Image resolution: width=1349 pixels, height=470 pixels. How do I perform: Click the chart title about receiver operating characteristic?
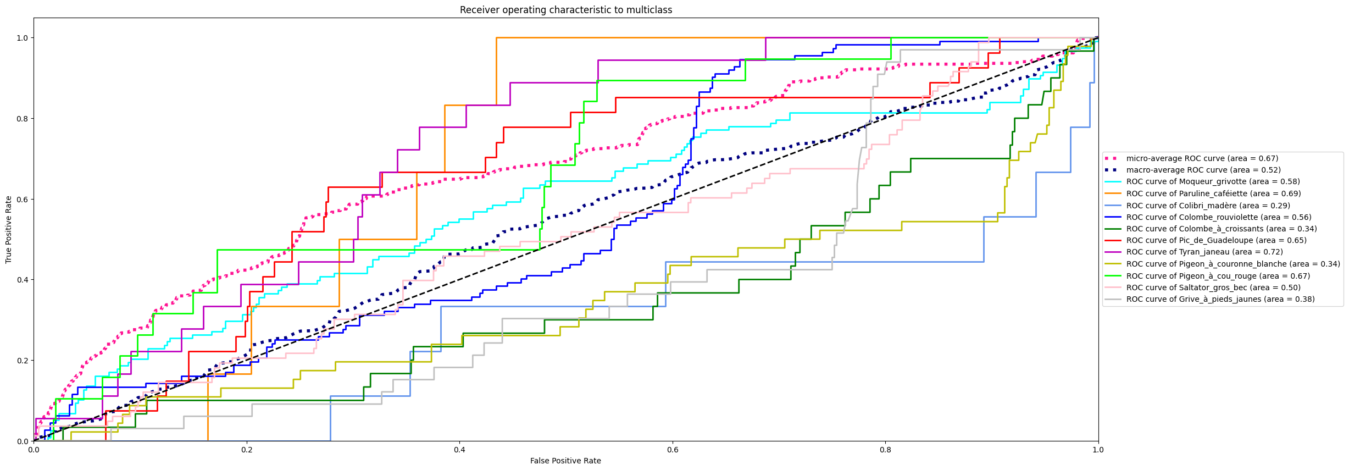tap(565, 10)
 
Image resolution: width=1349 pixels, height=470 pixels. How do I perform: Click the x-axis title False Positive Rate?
tap(565, 461)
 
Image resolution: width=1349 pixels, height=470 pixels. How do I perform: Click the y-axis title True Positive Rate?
tap(9, 229)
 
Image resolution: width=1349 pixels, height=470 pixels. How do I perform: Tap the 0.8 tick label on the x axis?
tap(885, 450)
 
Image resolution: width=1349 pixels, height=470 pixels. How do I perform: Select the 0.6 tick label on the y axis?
tap(23, 199)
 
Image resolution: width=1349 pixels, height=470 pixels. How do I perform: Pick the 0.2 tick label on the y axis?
tap(23, 361)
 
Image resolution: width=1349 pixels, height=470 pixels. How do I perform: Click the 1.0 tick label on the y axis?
tap(23, 38)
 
